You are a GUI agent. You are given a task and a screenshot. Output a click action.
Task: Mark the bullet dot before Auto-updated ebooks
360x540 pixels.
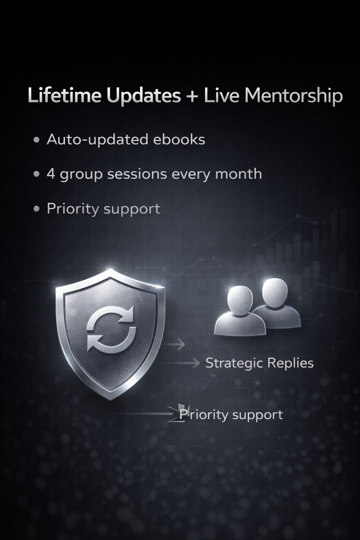click(36, 140)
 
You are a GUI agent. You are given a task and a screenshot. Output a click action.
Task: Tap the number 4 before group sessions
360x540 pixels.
click(51, 174)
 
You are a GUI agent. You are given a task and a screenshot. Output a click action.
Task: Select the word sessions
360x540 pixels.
click(137, 174)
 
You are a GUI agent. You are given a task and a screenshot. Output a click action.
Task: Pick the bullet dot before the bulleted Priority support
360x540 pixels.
click(36, 209)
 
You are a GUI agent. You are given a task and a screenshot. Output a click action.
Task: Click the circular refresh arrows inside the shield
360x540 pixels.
click(111, 328)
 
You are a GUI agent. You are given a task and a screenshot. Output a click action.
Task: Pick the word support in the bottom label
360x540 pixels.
click(257, 415)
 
